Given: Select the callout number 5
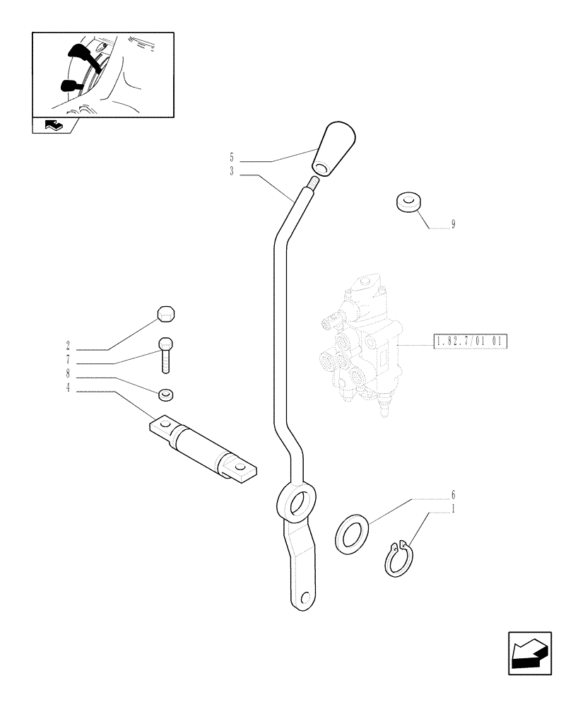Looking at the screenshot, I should pyautogui.click(x=232, y=156).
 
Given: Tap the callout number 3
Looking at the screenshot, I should pyautogui.click(x=232, y=171).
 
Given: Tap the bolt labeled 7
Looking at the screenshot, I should pyautogui.click(x=165, y=353).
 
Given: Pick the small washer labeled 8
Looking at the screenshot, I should pyautogui.click(x=167, y=393).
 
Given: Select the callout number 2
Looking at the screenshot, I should pyautogui.click(x=68, y=346).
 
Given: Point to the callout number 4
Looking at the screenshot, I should pyautogui.click(x=68, y=388).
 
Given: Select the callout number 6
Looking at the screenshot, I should pyautogui.click(x=452, y=495).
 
